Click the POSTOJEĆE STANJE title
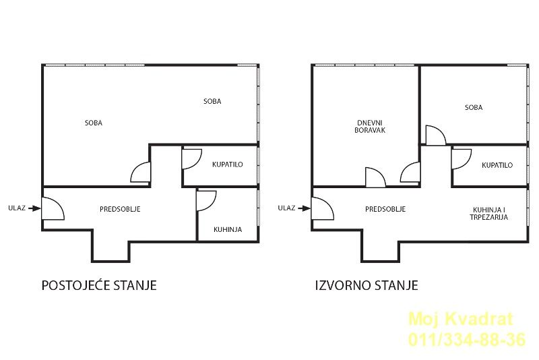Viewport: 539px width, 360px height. point(99,285)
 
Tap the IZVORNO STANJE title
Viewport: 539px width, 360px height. point(367,285)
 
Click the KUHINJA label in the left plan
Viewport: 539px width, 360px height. point(228,229)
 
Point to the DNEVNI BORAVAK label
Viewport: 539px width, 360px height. point(370,127)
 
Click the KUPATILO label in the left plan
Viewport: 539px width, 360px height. point(228,164)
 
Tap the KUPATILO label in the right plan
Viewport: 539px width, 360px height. point(497,165)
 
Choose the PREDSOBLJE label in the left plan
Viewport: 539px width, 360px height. point(120,209)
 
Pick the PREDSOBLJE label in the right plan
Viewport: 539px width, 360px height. point(385,209)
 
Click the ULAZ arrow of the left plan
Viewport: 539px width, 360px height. point(34,208)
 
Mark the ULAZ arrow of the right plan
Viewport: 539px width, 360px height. point(304,208)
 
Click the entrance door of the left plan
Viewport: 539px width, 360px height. point(53,208)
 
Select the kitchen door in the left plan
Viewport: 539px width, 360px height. point(205,200)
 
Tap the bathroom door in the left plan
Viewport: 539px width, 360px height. point(191,158)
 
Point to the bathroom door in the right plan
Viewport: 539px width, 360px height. point(461,158)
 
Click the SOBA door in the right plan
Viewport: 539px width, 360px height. point(435,135)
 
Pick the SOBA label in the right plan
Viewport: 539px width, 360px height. point(474,108)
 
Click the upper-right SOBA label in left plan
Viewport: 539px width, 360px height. point(212,101)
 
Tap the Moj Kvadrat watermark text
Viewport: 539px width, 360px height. point(461,319)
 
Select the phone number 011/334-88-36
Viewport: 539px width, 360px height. point(467,340)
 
